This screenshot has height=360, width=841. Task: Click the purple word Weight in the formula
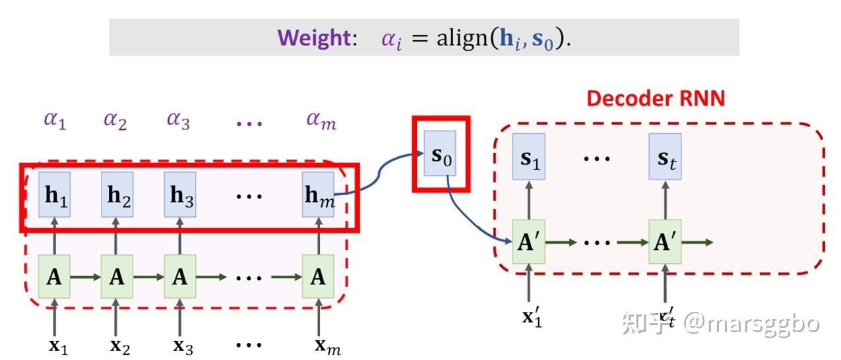(314, 38)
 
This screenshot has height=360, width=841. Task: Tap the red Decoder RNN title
(656, 99)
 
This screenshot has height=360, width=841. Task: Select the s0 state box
(440, 153)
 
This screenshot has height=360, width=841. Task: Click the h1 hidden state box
(55, 195)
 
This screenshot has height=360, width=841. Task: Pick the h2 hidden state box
(117, 195)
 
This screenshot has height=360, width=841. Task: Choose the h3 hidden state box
(180, 195)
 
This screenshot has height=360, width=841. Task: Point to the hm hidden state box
(318, 195)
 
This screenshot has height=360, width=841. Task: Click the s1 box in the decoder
(528, 156)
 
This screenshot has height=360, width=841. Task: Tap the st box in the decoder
(665, 156)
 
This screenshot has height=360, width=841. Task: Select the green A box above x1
(55, 277)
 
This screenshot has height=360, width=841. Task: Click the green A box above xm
(318, 277)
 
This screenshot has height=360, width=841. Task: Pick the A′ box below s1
(528, 242)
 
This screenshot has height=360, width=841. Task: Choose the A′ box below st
(665, 242)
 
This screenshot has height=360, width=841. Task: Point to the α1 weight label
(55, 121)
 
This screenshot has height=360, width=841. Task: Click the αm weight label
(321, 121)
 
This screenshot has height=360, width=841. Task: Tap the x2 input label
(120, 347)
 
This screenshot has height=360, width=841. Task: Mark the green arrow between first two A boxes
(86, 278)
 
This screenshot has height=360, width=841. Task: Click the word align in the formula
(462, 39)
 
